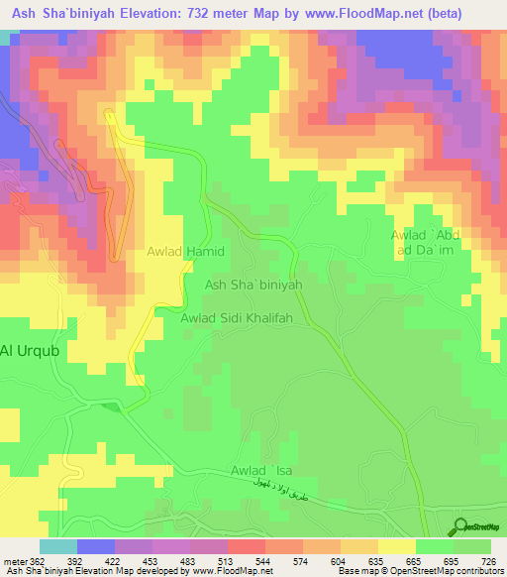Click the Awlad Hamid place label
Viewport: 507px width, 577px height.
[187, 253]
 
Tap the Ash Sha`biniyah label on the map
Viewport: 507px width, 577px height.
[253, 285]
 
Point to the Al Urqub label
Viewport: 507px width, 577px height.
[30, 350]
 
